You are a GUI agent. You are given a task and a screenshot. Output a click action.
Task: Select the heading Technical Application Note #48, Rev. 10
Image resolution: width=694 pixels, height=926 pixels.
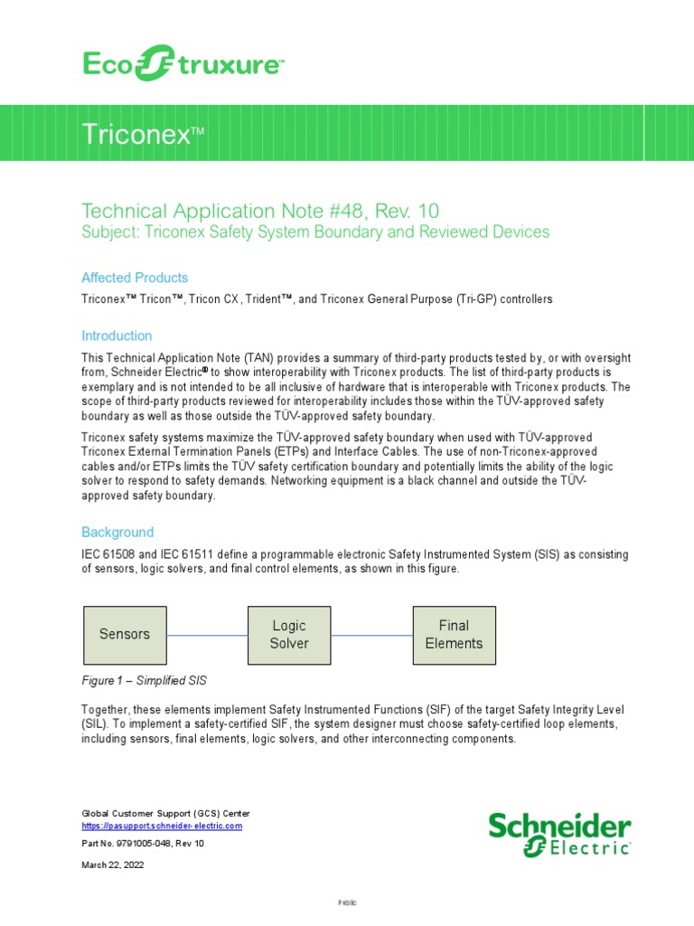pos(260,211)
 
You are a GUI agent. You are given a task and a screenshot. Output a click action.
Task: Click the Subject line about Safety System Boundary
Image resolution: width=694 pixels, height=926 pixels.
pos(314,232)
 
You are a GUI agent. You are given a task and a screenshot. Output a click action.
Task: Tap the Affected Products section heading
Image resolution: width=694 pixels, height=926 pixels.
pos(135,278)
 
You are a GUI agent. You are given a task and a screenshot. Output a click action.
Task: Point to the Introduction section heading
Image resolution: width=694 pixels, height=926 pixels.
pos(117,335)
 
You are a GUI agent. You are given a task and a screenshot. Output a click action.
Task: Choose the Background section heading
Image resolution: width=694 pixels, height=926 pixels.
pos(117,533)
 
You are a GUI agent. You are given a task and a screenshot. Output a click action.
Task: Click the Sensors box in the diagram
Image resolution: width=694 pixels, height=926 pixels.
pos(124,634)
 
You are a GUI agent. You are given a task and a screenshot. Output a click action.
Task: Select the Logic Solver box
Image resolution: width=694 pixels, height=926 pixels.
pos(289,634)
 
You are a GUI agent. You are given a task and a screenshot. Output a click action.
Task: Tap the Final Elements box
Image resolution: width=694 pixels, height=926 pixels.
pos(454,634)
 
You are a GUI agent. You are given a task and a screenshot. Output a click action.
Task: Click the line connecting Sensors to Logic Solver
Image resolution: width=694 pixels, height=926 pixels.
pos(207,635)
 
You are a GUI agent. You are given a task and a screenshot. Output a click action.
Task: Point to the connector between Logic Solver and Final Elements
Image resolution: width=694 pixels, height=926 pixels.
pos(371,635)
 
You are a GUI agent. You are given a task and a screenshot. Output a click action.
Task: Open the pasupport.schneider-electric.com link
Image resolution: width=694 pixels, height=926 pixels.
pos(162,826)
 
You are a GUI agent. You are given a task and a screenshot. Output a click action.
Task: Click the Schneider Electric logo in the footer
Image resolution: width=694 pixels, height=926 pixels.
pos(559,834)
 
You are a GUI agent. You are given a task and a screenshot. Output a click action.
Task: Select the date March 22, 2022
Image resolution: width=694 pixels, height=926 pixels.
pos(113,865)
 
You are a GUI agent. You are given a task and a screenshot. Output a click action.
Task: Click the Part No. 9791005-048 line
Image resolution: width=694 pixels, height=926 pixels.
pos(143,844)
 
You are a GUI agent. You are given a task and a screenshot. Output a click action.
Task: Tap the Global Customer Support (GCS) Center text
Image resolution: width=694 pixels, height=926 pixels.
pos(166,813)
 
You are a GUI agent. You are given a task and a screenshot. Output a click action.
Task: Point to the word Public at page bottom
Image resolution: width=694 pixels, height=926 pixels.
pos(348,902)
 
